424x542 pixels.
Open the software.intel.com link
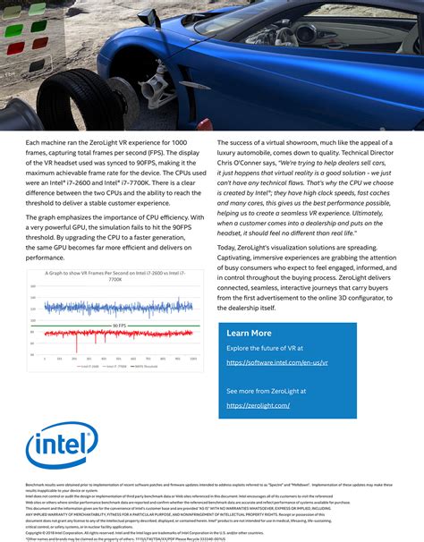pos(277,363)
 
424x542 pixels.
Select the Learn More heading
pos(250,334)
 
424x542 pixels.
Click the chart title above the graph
pos(114,275)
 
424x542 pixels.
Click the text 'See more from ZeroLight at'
pos(266,391)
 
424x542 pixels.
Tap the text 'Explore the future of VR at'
pos(265,348)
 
